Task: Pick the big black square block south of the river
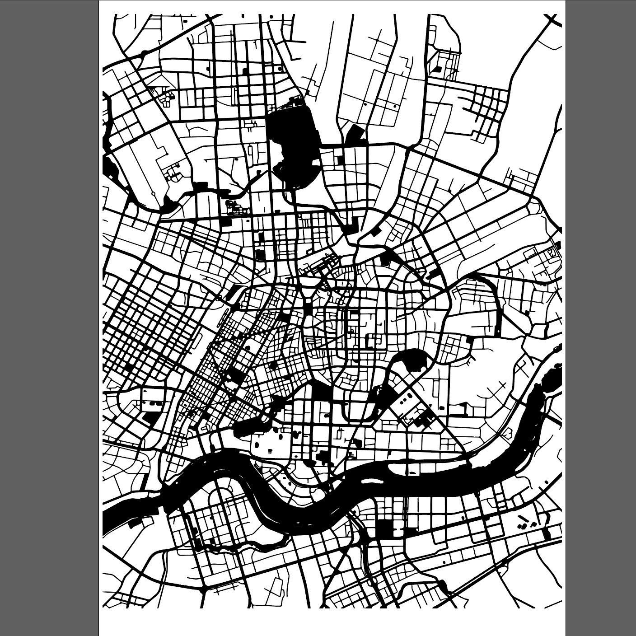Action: coord(385,529)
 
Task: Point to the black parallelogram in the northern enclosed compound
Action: coord(437,69)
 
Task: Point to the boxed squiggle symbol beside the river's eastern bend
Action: coord(507,435)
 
